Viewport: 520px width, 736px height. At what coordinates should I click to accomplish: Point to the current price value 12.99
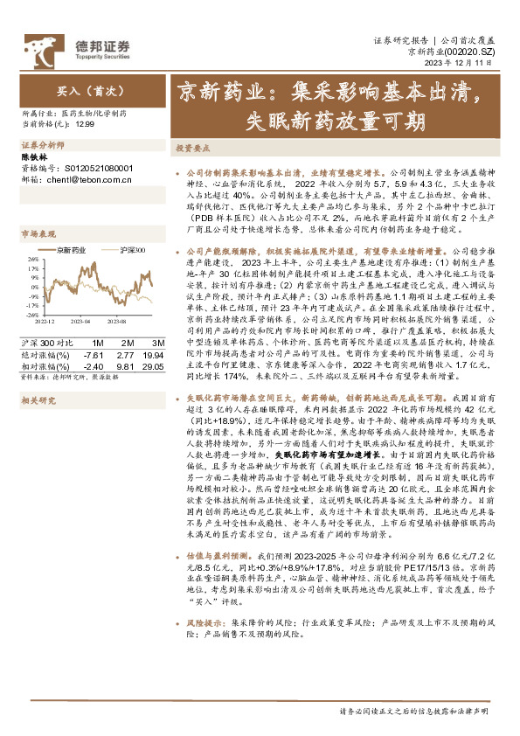click(86, 125)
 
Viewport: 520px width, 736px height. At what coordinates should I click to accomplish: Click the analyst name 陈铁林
click(31, 156)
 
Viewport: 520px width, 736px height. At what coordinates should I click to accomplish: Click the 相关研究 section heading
click(38, 399)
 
